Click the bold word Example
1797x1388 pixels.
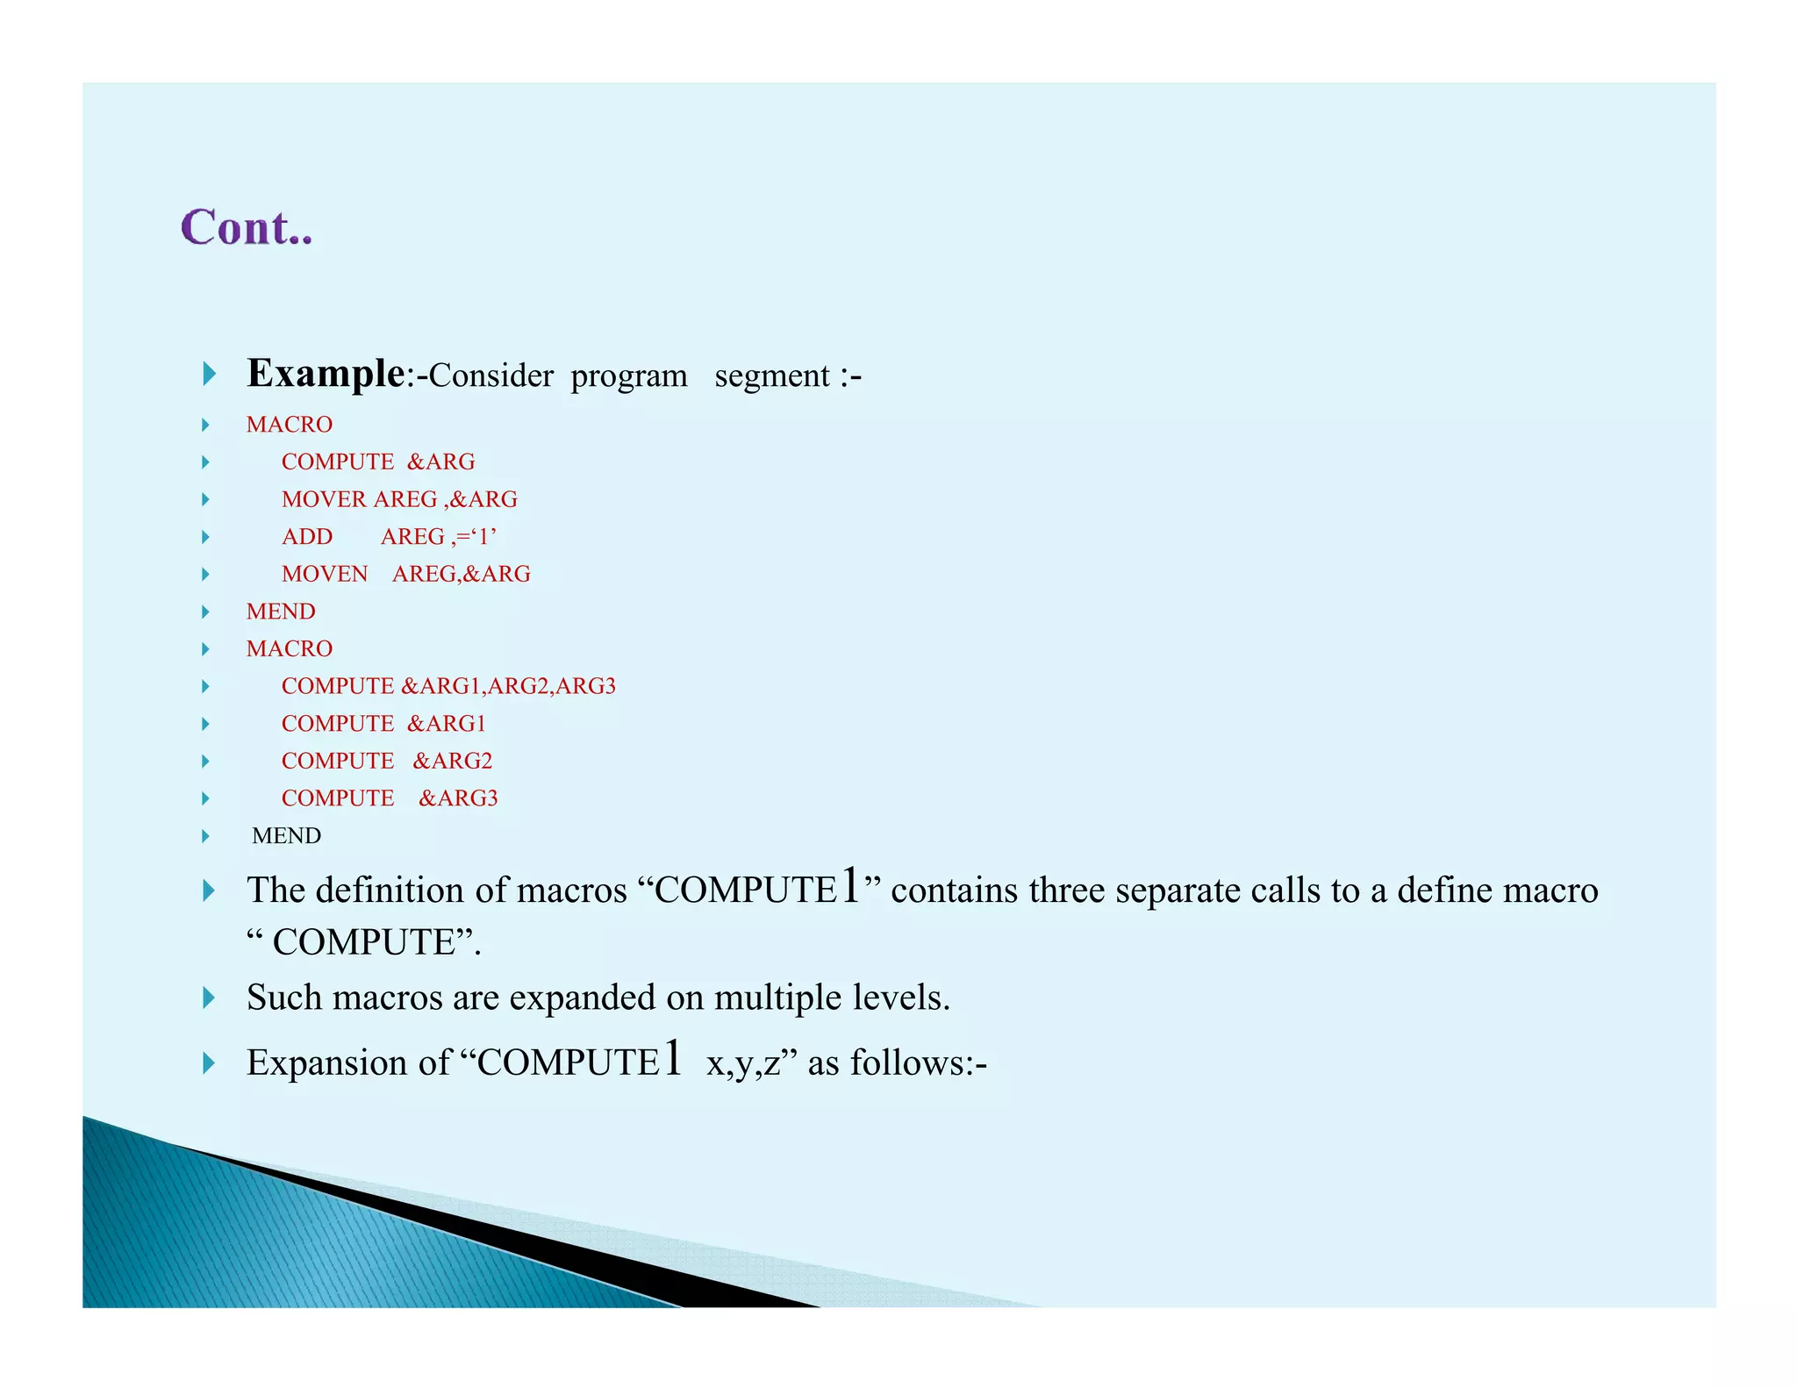pyautogui.click(x=325, y=374)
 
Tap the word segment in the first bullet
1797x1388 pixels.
pyautogui.click(x=771, y=376)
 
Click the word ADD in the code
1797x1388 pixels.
pyautogui.click(x=307, y=537)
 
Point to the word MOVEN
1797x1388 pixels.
pyautogui.click(x=325, y=574)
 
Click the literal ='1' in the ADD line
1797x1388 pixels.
pyautogui.click(x=476, y=536)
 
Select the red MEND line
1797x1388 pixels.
pyautogui.click(x=281, y=612)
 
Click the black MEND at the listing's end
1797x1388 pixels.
pyautogui.click(x=286, y=835)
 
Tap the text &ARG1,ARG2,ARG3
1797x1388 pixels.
pyautogui.click(x=508, y=686)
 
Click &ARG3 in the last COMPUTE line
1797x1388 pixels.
pyautogui.click(x=458, y=798)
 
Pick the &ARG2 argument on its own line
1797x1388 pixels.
pyautogui.click(x=453, y=761)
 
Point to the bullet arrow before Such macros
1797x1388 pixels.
pyautogui.click(x=209, y=998)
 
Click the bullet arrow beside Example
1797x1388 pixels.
pyautogui.click(x=209, y=374)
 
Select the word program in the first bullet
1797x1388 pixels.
pyautogui.click(x=629, y=376)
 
